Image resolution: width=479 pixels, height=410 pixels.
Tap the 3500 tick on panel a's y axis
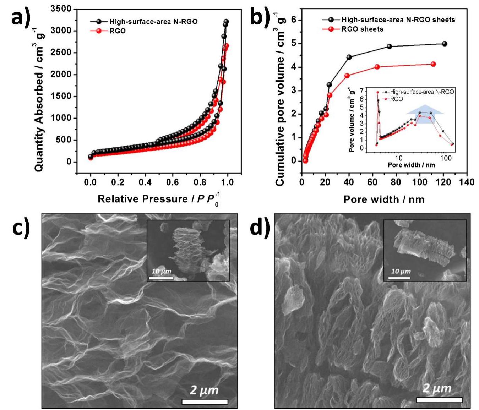(61, 9)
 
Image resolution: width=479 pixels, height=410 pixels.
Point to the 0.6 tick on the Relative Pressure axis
(173, 182)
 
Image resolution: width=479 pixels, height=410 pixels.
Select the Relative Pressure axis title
(159, 199)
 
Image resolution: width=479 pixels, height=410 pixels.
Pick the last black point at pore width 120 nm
(445, 44)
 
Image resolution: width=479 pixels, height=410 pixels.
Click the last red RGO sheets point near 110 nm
(433, 64)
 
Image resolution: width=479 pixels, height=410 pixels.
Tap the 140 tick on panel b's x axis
(466, 182)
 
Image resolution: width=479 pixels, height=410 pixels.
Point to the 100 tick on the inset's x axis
(446, 158)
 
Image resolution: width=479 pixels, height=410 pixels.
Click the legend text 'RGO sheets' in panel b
(363, 29)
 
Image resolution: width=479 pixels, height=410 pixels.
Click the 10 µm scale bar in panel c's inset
(161, 278)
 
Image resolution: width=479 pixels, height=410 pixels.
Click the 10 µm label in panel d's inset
(401, 271)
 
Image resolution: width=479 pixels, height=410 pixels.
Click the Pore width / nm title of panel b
(384, 199)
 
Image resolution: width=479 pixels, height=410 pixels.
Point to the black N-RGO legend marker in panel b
(331, 20)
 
